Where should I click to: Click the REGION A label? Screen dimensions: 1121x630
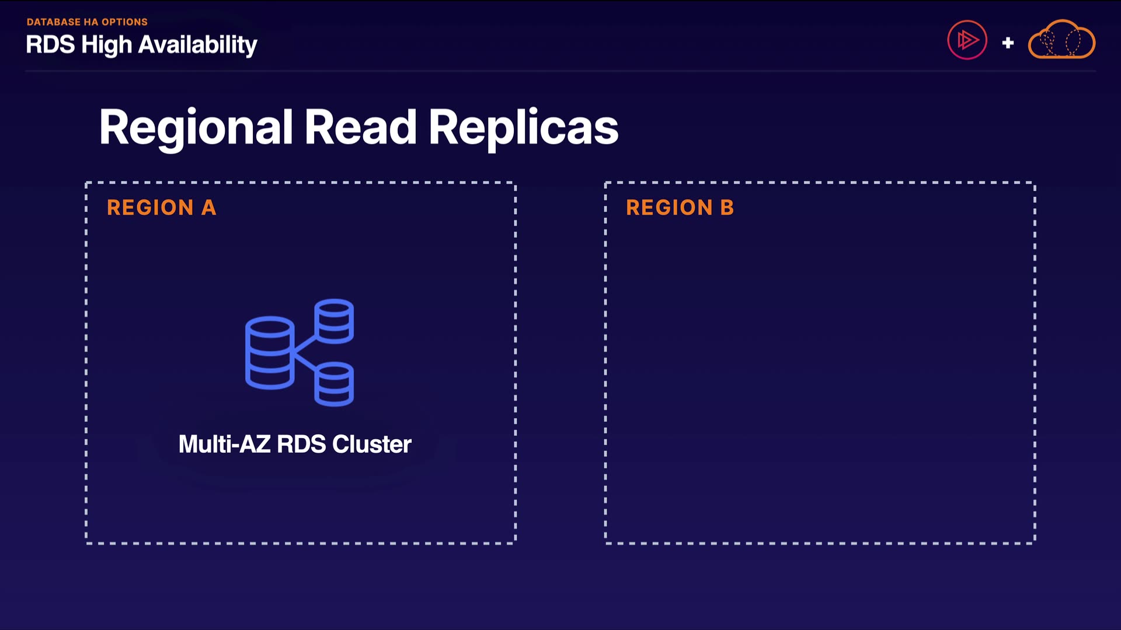tap(161, 208)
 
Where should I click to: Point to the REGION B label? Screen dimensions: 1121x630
tap(680, 208)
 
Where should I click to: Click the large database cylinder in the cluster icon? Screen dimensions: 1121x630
tap(269, 352)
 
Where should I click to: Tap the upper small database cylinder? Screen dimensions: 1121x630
tap(334, 321)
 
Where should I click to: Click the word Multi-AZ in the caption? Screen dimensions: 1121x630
tap(224, 444)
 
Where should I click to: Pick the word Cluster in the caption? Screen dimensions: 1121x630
tap(372, 444)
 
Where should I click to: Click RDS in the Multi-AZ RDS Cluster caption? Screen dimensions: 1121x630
tap(301, 444)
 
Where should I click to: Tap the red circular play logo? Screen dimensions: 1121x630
tap(967, 40)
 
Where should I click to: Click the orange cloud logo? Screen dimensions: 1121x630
tap(1061, 40)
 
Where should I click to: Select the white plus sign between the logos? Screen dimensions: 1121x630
tap(1008, 43)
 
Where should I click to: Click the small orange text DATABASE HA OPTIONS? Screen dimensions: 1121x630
tap(87, 22)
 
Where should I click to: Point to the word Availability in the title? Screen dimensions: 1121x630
tap(198, 45)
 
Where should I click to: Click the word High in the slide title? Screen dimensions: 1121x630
tap(107, 45)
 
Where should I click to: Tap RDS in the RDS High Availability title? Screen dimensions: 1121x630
tap(50, 45)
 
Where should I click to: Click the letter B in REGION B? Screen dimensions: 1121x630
tap(727, 208)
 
